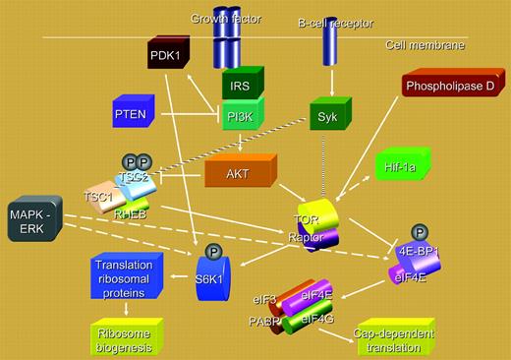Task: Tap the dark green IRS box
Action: pos(240,87)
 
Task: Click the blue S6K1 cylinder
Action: pos(211,278)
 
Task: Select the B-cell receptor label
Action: pos(325,19)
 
